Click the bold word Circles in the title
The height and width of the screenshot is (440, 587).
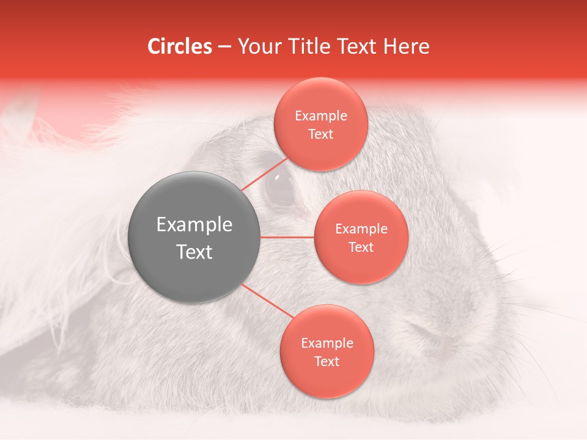[179, 46]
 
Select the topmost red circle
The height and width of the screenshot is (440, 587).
[320, 124]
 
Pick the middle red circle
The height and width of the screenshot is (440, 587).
[361, 237]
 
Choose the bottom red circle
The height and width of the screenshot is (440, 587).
[327, 351]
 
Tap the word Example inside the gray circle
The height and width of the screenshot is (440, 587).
[194, 225]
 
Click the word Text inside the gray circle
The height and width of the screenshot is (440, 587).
[194, 252]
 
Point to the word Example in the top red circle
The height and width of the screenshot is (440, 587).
[320, 116]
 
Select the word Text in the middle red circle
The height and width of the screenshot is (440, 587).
[361, 247]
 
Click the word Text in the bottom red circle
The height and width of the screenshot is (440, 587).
[327, 361]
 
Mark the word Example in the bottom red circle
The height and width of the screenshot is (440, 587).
[327, 343]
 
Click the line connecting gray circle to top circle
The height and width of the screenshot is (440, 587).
[264, 174]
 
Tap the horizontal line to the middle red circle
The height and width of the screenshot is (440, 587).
[287, 237]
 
